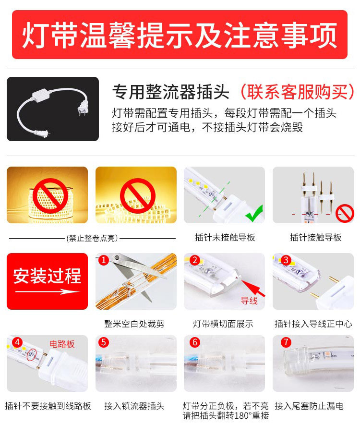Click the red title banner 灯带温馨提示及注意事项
coord(180,35)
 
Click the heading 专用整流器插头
coord(170,91)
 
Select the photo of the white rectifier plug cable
coord(53,109)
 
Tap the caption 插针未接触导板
coord(225,238)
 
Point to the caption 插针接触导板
coord(315,238)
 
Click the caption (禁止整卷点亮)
coord(92,238)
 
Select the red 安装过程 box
coord(47,281)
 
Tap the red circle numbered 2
coord(194,260)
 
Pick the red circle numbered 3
coord(286,260)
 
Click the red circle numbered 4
coord(18,342)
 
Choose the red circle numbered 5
coord(104,342)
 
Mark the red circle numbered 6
coord(194,342)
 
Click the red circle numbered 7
coord(286,342)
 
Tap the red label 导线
coord(249,301)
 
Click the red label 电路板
coord(62,344)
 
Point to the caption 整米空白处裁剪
coord(134,324)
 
